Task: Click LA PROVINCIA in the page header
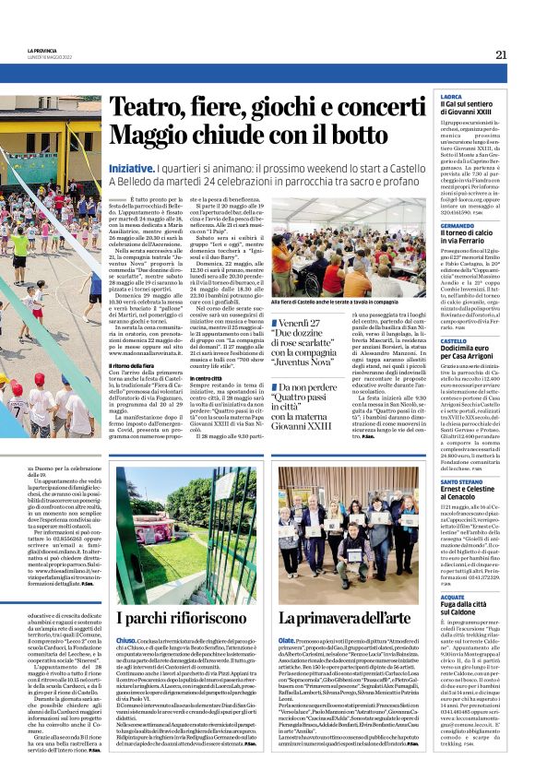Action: coord(42,50)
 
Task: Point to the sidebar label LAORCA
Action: coord(452,96)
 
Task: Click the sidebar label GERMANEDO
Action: coord(458,224)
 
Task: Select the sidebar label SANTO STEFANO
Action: coord(462,481)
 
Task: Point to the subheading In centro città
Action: coord(205,377)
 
